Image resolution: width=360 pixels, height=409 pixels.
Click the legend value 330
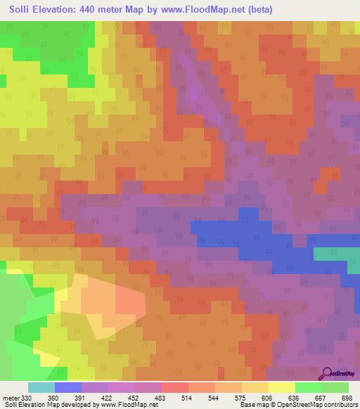click(27, 398)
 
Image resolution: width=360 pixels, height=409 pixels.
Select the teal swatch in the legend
click(41, 387)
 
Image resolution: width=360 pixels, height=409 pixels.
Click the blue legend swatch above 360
click(67, 387)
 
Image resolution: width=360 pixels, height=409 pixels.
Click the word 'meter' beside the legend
click(11, 398)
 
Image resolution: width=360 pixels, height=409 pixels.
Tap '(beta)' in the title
click(257, 9)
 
